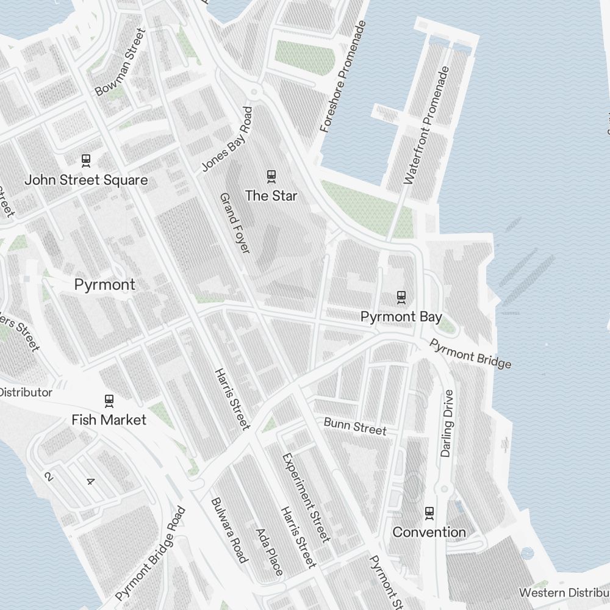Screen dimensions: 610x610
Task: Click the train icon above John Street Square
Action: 86,160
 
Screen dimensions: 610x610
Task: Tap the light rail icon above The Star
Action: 271,176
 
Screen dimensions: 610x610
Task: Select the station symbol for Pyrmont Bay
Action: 401,297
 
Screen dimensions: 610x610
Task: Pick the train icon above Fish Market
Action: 109,401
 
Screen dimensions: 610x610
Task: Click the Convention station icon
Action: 429,512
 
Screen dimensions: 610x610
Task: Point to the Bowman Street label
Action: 121,62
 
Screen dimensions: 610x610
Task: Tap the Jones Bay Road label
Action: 227,139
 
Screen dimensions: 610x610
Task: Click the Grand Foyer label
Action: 235,223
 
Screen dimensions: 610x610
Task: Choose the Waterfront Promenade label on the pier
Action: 426,125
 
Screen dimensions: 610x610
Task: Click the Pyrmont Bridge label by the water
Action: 470,354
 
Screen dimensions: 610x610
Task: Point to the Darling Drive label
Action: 448,423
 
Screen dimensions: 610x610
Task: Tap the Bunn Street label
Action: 355,426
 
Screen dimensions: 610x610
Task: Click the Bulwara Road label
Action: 229,530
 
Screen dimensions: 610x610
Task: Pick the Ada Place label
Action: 269,552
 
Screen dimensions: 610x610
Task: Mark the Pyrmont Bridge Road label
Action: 150,554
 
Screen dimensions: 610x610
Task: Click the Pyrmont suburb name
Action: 104,285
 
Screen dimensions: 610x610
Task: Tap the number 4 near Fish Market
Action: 90,481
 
